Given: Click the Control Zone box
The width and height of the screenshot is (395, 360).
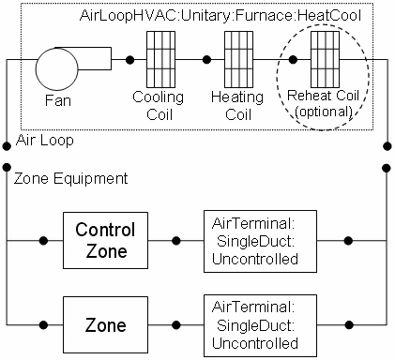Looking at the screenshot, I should coord(105,240).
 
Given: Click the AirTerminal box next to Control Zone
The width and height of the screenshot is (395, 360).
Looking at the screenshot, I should coord(256,240).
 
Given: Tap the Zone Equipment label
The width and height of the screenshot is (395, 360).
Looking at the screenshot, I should coord(64,176).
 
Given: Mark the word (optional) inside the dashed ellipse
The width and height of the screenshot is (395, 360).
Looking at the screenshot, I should coord(323,112).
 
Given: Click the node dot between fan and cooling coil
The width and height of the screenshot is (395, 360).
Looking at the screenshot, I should coord(129,61).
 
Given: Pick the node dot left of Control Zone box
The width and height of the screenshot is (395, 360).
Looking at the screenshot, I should coord(43,240).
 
